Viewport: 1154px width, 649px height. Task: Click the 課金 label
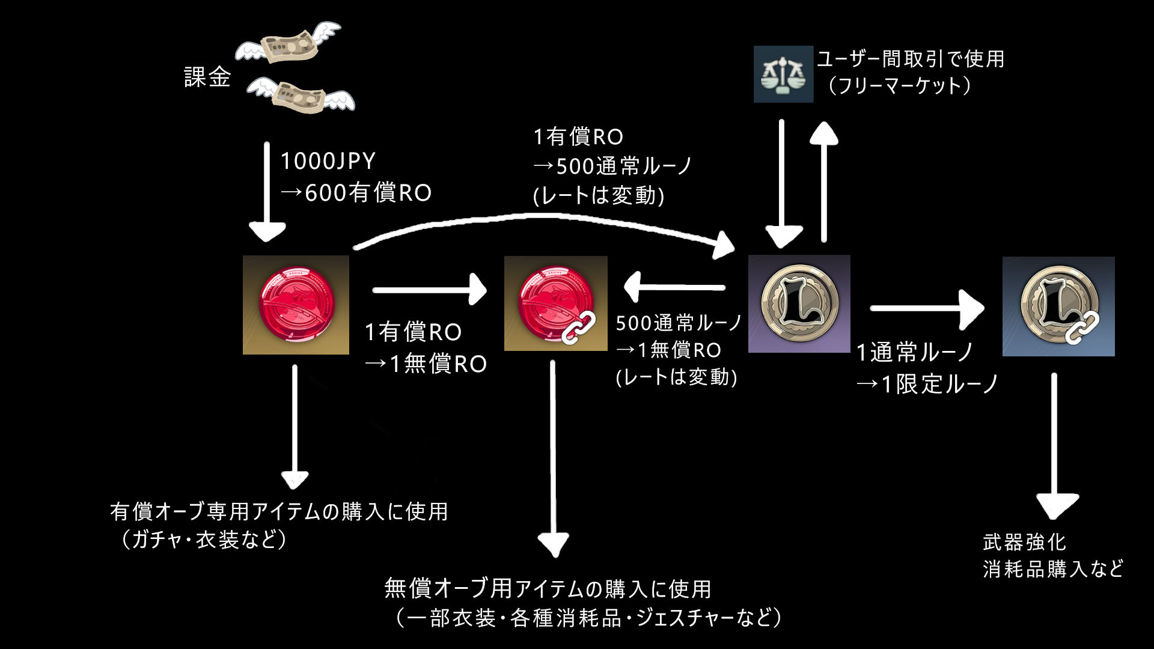(x=207, y=77)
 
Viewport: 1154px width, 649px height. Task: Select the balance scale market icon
(x=783, y=75)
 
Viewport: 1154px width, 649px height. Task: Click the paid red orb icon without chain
(x=296, y=305)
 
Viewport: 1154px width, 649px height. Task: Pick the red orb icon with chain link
(x=555, y=303)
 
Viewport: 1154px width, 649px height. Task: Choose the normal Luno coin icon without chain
(x=799, y=303)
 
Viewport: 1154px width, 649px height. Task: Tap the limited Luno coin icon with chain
(x=1058, y=306)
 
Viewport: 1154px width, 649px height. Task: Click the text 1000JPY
(x=328, y=161)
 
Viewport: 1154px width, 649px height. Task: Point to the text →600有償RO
(x=356, y=193)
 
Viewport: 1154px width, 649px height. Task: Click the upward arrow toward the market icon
(x=823, y=180)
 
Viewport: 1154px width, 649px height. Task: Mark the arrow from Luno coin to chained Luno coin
(x=926, y=309)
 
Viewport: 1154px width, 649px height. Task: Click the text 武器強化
(x=1024, y=542)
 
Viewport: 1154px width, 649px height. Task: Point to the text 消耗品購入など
(x=1053, y=568)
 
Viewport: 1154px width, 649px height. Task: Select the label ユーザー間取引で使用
(x=910, y=59)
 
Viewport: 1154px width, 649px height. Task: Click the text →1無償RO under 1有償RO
(x=426, y=364)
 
